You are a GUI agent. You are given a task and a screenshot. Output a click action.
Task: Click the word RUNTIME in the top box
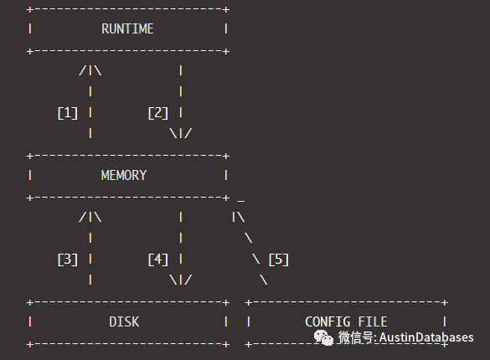[x=127, y=29]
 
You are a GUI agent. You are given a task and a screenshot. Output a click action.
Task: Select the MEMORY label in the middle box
[x=124, y=176]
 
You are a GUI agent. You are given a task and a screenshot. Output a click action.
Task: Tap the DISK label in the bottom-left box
[x=124, y=321]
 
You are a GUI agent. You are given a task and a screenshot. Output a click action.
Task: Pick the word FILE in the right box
[x=373, y=321]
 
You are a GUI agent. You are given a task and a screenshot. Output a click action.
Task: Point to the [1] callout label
[x=67, y=112]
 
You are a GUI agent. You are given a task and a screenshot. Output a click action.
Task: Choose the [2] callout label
[x=158, y=112]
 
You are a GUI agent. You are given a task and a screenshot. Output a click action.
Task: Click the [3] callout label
[x=67, y=259]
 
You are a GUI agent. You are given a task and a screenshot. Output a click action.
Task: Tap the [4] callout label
[x=158, y=259]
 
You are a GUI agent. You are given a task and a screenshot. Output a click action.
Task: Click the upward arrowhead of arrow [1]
[x=90, y=71]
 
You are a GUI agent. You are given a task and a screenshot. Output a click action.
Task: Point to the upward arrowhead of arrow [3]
[x=90, y=218]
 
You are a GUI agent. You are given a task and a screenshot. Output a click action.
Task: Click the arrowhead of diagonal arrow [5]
[x=238, y=218]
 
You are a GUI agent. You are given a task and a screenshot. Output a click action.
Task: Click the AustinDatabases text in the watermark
[x=426, y=337]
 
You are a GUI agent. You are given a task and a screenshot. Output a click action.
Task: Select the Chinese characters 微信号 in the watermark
[x=357, y=337]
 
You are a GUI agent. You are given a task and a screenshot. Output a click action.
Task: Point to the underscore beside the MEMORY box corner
[x=241, y=199]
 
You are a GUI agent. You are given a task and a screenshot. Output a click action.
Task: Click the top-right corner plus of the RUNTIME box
[x=226, y=9]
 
